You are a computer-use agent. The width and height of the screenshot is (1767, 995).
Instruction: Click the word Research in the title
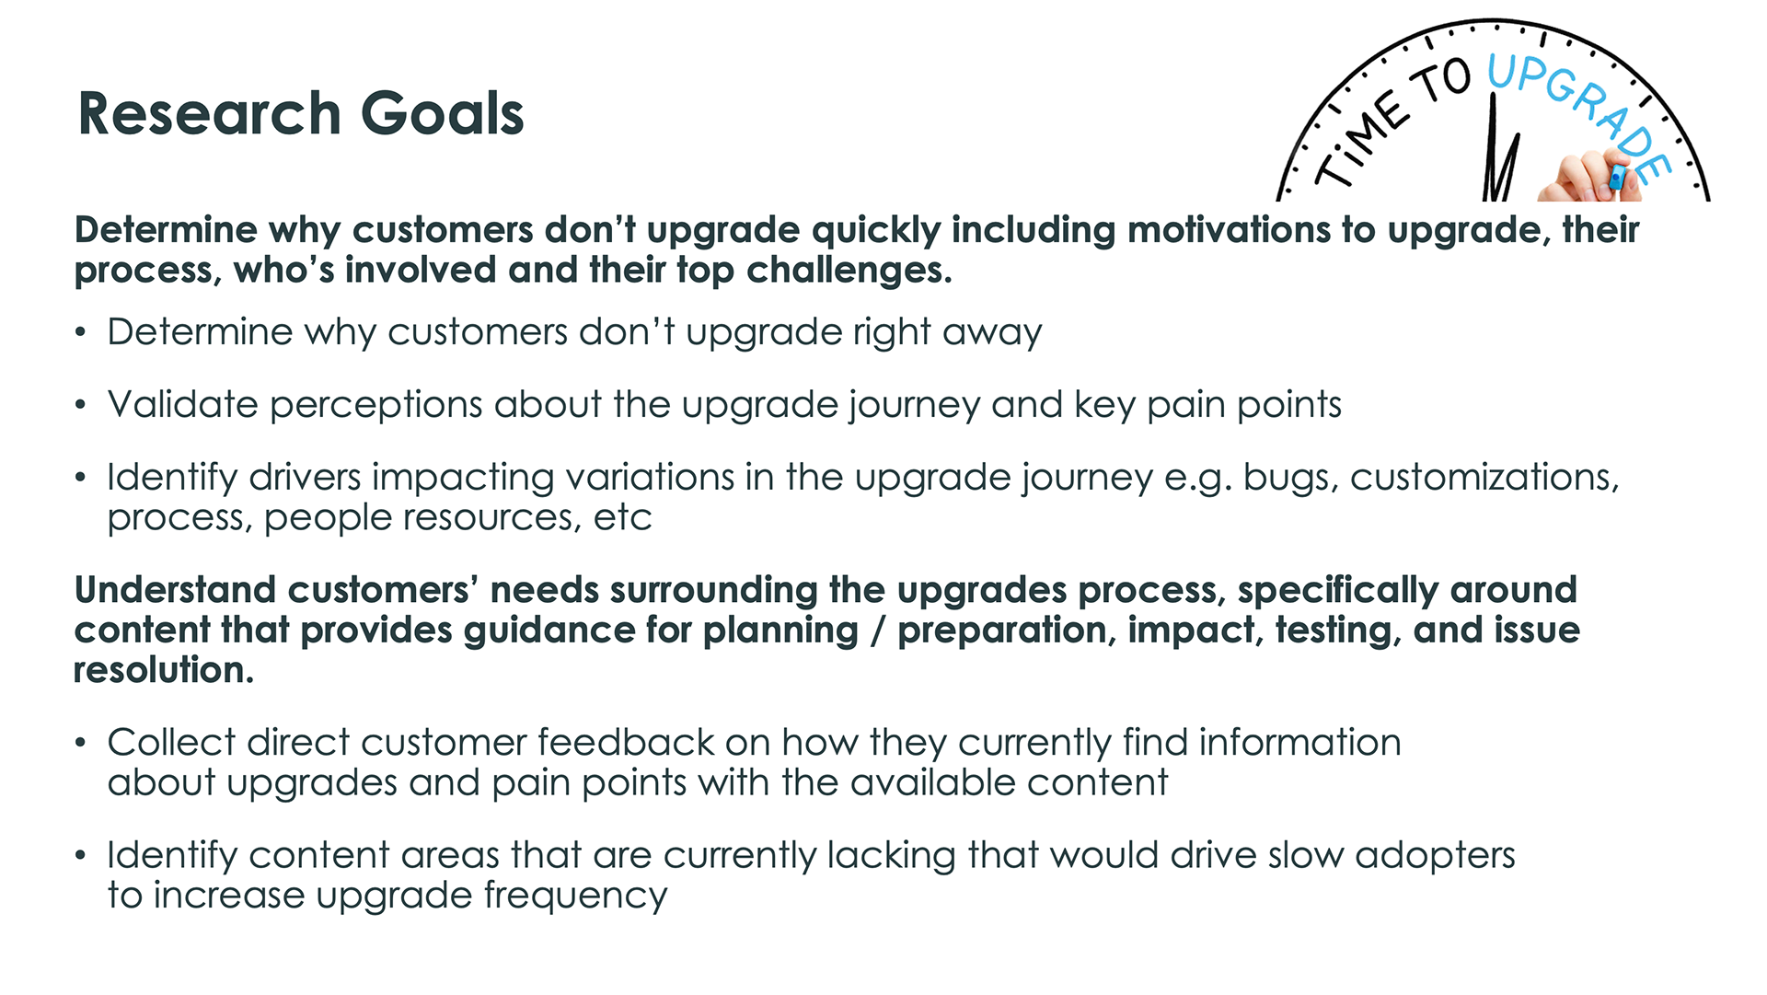pyautogui.click(x=210, y=113)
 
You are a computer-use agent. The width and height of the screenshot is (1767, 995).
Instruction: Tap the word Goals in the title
pyautogui.click(x=442, y=113)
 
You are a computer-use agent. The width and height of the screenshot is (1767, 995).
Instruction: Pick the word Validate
pyautogui.click(x=182, y=404)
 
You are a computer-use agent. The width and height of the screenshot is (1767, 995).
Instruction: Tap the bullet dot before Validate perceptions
pyautogui.click(x=81, y=405)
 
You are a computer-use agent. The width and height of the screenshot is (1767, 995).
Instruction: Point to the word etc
pyautogui.click(x=623, y=518)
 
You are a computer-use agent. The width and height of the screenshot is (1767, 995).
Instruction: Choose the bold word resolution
pyautogui.click(x=164, y=670)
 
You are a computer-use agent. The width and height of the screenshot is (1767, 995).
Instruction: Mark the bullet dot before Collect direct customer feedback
pyautogui.click(x=81, y=743)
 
